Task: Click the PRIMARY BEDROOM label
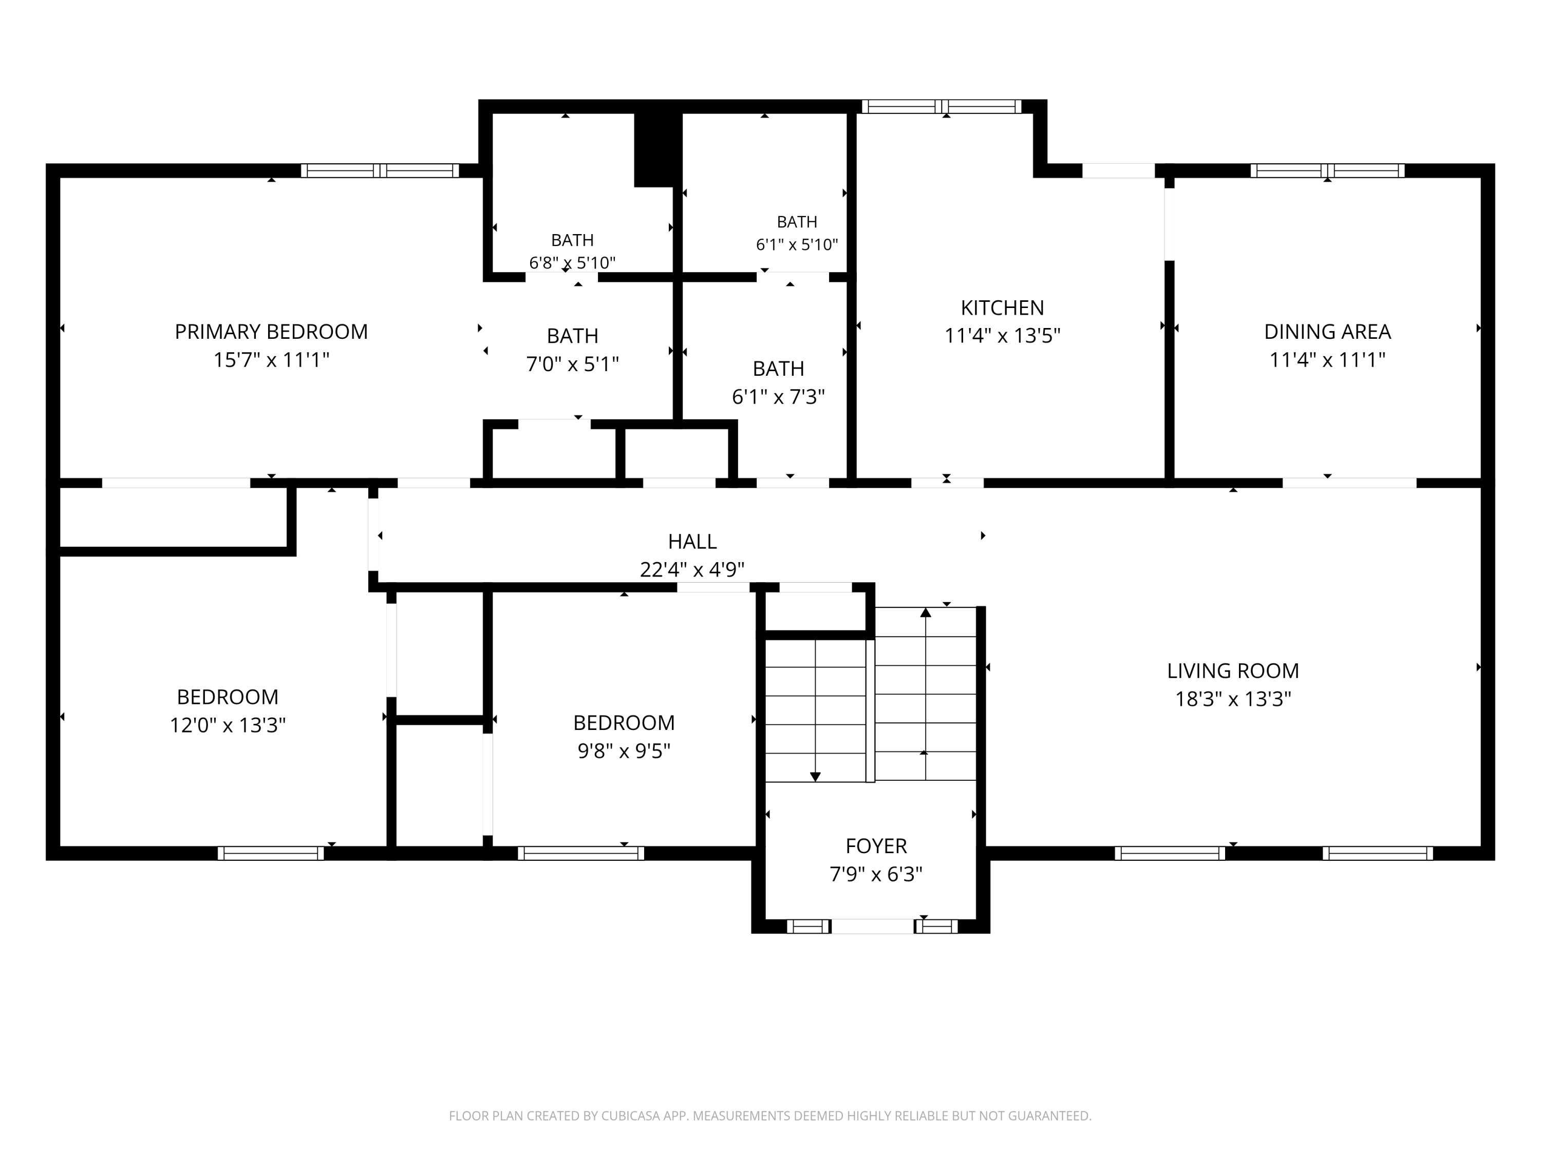(x=271, y=332)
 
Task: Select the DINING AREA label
(x=1327, y=332)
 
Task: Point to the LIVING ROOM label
(x=1233, y=670)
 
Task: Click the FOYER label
(x=876, y=846)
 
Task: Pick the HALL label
(x=692, y=541)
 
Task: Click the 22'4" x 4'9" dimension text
(x=692, y=569)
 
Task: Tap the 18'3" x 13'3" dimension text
(x=1233, y=699)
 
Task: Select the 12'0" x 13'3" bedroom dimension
(x=228, y=725)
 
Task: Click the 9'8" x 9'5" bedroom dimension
(x=624, y=751)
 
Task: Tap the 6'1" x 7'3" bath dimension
(x=778, y=397)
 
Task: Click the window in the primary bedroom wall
(x=380, y=170)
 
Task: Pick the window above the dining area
(x=1327, y=170)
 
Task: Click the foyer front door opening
(x=872, y=926)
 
